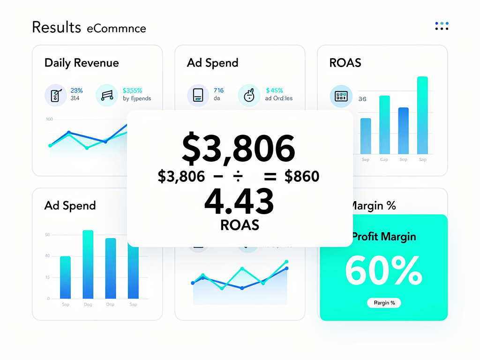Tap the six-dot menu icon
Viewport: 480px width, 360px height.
[x=442, y=26]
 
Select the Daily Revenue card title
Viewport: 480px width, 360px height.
[x=82, y=63]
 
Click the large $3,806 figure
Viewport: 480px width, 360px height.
[x=239, y=149]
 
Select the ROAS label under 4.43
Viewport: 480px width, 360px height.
[x=240, y=225]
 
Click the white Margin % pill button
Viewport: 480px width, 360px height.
[x=384, y=303]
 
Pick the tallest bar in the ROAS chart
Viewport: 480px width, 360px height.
[x=422, y=115]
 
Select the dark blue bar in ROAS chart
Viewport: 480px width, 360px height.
[x=403, y=131]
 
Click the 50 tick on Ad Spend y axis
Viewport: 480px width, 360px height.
[x=47, y=234]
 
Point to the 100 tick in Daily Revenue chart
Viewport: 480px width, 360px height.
[x=49, y=119]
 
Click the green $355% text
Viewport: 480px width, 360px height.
[x=132, y=90]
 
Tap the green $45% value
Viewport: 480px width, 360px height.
[x=274, y=90]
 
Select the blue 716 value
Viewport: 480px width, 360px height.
[x=218, y=90]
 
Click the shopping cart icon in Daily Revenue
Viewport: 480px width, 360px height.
[x=106, y=95]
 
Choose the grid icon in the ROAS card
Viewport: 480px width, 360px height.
[x=341, y=96]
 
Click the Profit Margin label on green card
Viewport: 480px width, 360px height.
[x=383, y=237]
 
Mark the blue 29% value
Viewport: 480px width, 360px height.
[x=76, y=90]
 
